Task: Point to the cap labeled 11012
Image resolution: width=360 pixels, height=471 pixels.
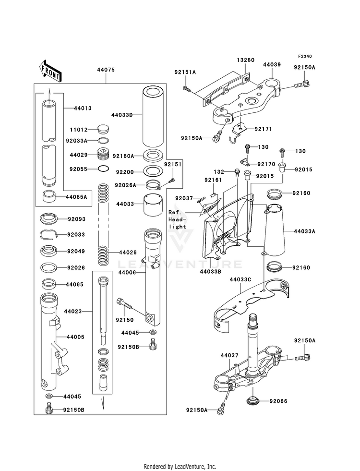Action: point(103,129)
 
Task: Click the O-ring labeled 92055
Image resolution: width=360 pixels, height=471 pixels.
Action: point(103,169)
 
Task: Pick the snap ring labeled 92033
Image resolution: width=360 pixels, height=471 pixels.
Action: point(49,234)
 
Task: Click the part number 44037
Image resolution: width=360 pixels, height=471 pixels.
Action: point(229,356)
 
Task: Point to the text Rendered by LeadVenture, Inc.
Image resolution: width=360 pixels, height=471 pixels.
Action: point(180,466)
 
